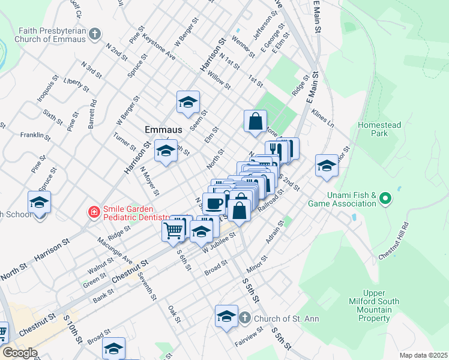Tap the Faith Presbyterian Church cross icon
coord(94,35)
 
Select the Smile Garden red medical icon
coord(93,212)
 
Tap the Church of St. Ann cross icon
coord(244,317)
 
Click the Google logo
coord(19,353)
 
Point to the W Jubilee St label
coord(219,242)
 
